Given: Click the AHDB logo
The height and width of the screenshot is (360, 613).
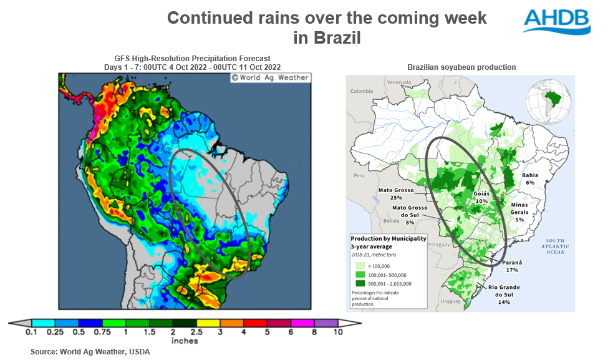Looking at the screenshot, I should click(556, 21).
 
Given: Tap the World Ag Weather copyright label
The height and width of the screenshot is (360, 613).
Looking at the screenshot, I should click(269, 78).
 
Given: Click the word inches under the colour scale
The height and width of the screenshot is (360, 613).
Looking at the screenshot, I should click(184, 341).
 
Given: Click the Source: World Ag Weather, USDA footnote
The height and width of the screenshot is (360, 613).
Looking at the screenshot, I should click(90, 352).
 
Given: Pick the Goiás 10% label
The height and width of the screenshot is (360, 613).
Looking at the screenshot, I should click(481, 197).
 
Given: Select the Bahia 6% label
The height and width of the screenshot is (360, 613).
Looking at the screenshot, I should click(529, 178).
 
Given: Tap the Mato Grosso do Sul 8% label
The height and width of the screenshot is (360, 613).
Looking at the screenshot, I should click(409, 214).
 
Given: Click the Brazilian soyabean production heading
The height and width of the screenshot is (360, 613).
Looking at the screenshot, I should click(461, 67).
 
